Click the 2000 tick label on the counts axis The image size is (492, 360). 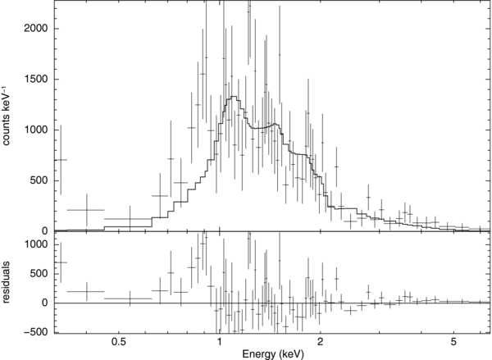tap(36, 29)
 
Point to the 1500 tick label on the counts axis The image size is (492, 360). tap(36, 80)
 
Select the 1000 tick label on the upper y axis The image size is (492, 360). tap(36, 130)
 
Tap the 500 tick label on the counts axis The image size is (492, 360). tap(39, 180)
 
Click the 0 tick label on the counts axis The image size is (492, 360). tap(46, 231)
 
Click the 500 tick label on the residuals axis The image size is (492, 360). tap(39, 273)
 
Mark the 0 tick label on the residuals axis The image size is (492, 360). tap(46, 303)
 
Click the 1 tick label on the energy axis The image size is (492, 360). tap(219, 340)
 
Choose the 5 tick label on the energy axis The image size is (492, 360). tap(453, 340)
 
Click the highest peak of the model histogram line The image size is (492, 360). tap(234, 98)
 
